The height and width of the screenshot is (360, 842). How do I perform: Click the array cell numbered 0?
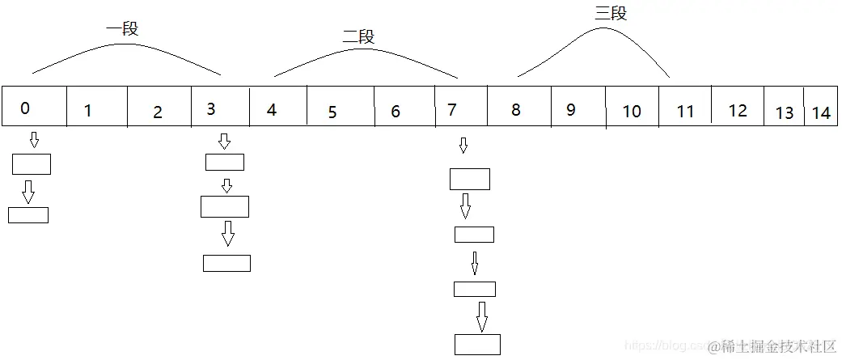click(x=33, y=107)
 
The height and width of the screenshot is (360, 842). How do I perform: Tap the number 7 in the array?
click(x=460, y=107)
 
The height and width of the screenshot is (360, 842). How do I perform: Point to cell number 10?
click(x=632, y=107)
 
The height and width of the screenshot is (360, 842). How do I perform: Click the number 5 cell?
click(x=340, y=107)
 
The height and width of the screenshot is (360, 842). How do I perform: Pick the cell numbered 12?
click(x=737, y=107)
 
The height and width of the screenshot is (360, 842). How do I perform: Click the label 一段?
click(x=122, y=29)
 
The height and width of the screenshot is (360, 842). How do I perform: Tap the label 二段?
click(x=358, y=36)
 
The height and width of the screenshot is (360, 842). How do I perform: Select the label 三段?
click(x=611, y=13)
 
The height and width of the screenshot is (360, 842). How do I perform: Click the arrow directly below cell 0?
click(x=34, y=141)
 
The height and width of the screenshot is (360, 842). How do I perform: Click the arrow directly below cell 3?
click(x=225, y=142)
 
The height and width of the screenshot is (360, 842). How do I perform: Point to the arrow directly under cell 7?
click(x=463, y=146)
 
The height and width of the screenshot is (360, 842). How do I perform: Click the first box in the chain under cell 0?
click(x=32, y=164)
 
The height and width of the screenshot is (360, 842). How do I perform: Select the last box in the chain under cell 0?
click(x=28, y=215)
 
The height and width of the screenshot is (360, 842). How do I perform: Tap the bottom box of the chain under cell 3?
click(x=226, y=263)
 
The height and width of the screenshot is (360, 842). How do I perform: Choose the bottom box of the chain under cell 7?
click(x=477, y=344)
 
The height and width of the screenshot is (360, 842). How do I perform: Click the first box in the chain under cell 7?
click(x=470, y=179)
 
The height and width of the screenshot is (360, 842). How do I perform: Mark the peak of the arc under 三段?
click(x=603, y=28)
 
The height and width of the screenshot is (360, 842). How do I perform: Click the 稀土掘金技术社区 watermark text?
click(x=778, y=346)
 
